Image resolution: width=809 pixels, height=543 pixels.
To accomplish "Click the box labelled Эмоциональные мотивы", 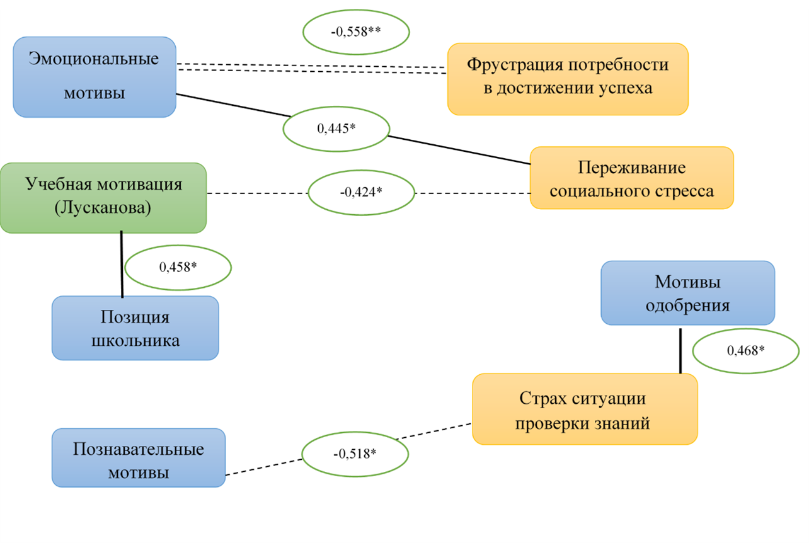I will tap(95, 77).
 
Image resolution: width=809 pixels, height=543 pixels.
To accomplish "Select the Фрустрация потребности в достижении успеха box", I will tap(568, 79).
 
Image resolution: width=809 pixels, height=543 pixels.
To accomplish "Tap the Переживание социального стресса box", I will tap(631, 178).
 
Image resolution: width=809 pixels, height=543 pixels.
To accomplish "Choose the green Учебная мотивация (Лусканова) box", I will tap(103, 198).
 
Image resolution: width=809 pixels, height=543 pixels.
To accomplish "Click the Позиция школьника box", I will tap(135, 328).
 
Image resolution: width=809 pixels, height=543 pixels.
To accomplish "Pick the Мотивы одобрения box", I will tap(687, 293).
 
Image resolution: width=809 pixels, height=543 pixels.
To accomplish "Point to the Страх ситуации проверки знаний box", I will tap(585, 409).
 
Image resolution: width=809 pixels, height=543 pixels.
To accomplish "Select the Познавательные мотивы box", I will tap(138, 458).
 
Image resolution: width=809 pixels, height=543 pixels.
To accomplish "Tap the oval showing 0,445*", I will tap(336, 129).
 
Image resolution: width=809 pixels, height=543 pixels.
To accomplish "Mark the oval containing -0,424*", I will tap(361, 192).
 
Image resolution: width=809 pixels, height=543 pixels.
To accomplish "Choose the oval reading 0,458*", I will tap(178, 268).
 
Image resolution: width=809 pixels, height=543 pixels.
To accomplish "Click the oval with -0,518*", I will tap(355, 455).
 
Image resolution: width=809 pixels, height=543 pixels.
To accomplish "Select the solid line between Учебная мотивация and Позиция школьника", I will tap(122, 265).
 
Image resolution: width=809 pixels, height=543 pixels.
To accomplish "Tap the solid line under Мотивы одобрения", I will tap(680, 350).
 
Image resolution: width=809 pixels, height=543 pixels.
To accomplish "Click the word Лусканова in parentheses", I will tap(103, 209).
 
